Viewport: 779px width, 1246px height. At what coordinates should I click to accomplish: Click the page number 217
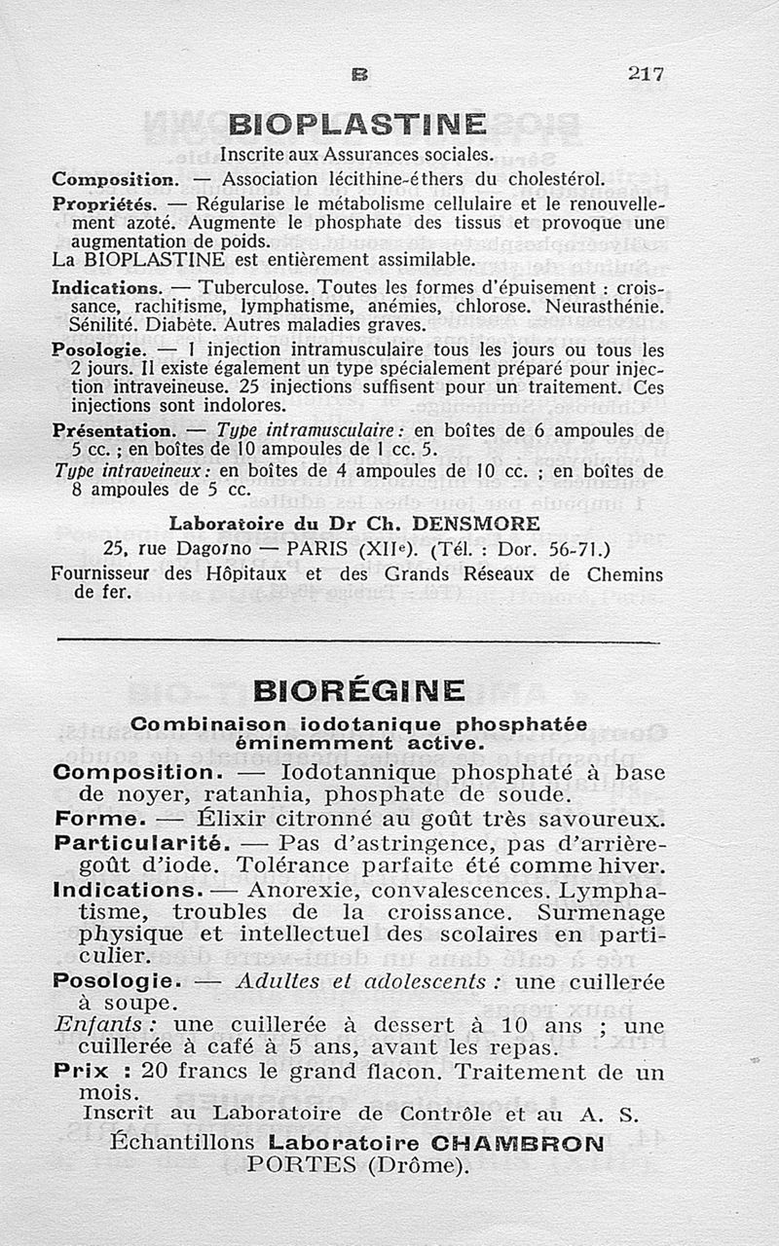click(x=646, y=73)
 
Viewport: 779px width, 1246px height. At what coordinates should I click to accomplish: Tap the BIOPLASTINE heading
click(x=356, y=126)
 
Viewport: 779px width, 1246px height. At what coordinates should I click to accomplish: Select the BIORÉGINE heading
click(x=357, y=691)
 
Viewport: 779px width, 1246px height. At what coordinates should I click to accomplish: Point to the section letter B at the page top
click(x=357, y=73)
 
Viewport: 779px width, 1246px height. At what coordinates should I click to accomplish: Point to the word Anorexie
click(x=299, y=891)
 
